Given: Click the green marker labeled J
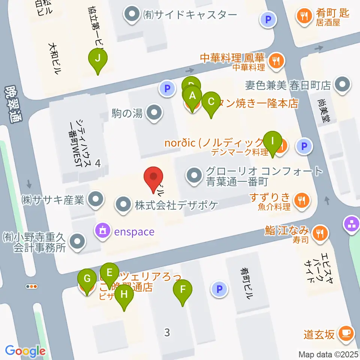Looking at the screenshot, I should [x=97, y=59].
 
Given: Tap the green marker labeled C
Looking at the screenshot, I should [x=211, y=102].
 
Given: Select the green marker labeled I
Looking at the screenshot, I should [x=273, y=141].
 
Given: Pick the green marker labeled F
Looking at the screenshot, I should [x=183, y=290].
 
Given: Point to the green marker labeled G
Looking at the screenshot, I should [x=87, y=279].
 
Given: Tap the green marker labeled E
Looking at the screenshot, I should [x=109, y=273].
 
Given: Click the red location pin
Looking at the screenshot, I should [x=153, y=177].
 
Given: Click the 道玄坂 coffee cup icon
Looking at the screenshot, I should [x=345, y=333].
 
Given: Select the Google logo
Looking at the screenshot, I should [x=25, y=351].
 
